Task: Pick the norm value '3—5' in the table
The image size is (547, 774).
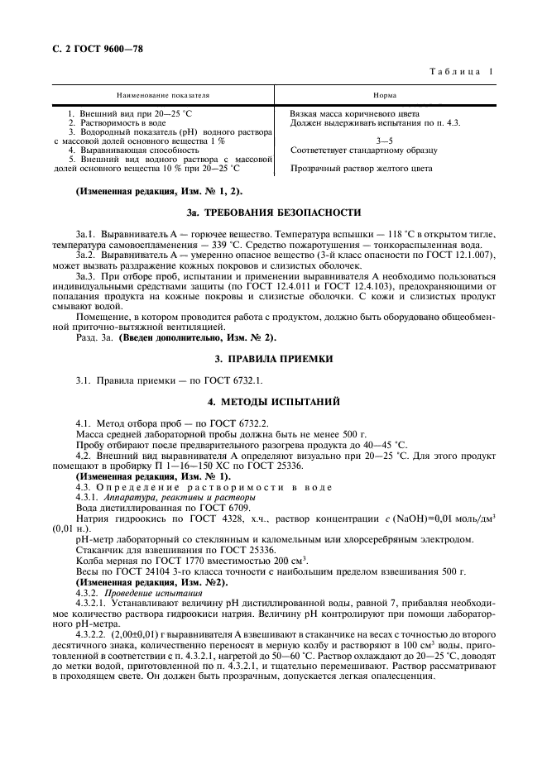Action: [385, 141]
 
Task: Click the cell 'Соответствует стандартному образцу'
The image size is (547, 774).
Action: [364, 150]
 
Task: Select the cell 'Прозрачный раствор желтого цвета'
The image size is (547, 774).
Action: [361, 168]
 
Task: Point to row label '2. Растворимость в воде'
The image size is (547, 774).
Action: [121, 122]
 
